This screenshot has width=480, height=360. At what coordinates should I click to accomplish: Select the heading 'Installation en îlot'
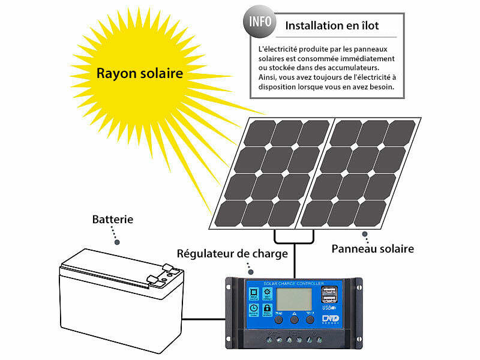(x=332, y=26)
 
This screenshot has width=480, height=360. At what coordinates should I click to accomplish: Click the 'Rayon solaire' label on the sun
(x=140, y=74)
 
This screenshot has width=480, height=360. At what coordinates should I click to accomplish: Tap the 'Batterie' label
(x=113, y=219)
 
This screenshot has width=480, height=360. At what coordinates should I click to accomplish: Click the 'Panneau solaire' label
(x=373, y=248)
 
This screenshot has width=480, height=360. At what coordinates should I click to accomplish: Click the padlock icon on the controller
(x=268, y=308)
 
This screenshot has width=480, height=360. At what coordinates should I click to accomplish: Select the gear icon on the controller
(x=268, y=293)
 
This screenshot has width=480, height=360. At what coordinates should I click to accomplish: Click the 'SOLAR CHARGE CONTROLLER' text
(x=294, y=283)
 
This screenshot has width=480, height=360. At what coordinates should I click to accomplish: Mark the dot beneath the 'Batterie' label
(x=117, y=242)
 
